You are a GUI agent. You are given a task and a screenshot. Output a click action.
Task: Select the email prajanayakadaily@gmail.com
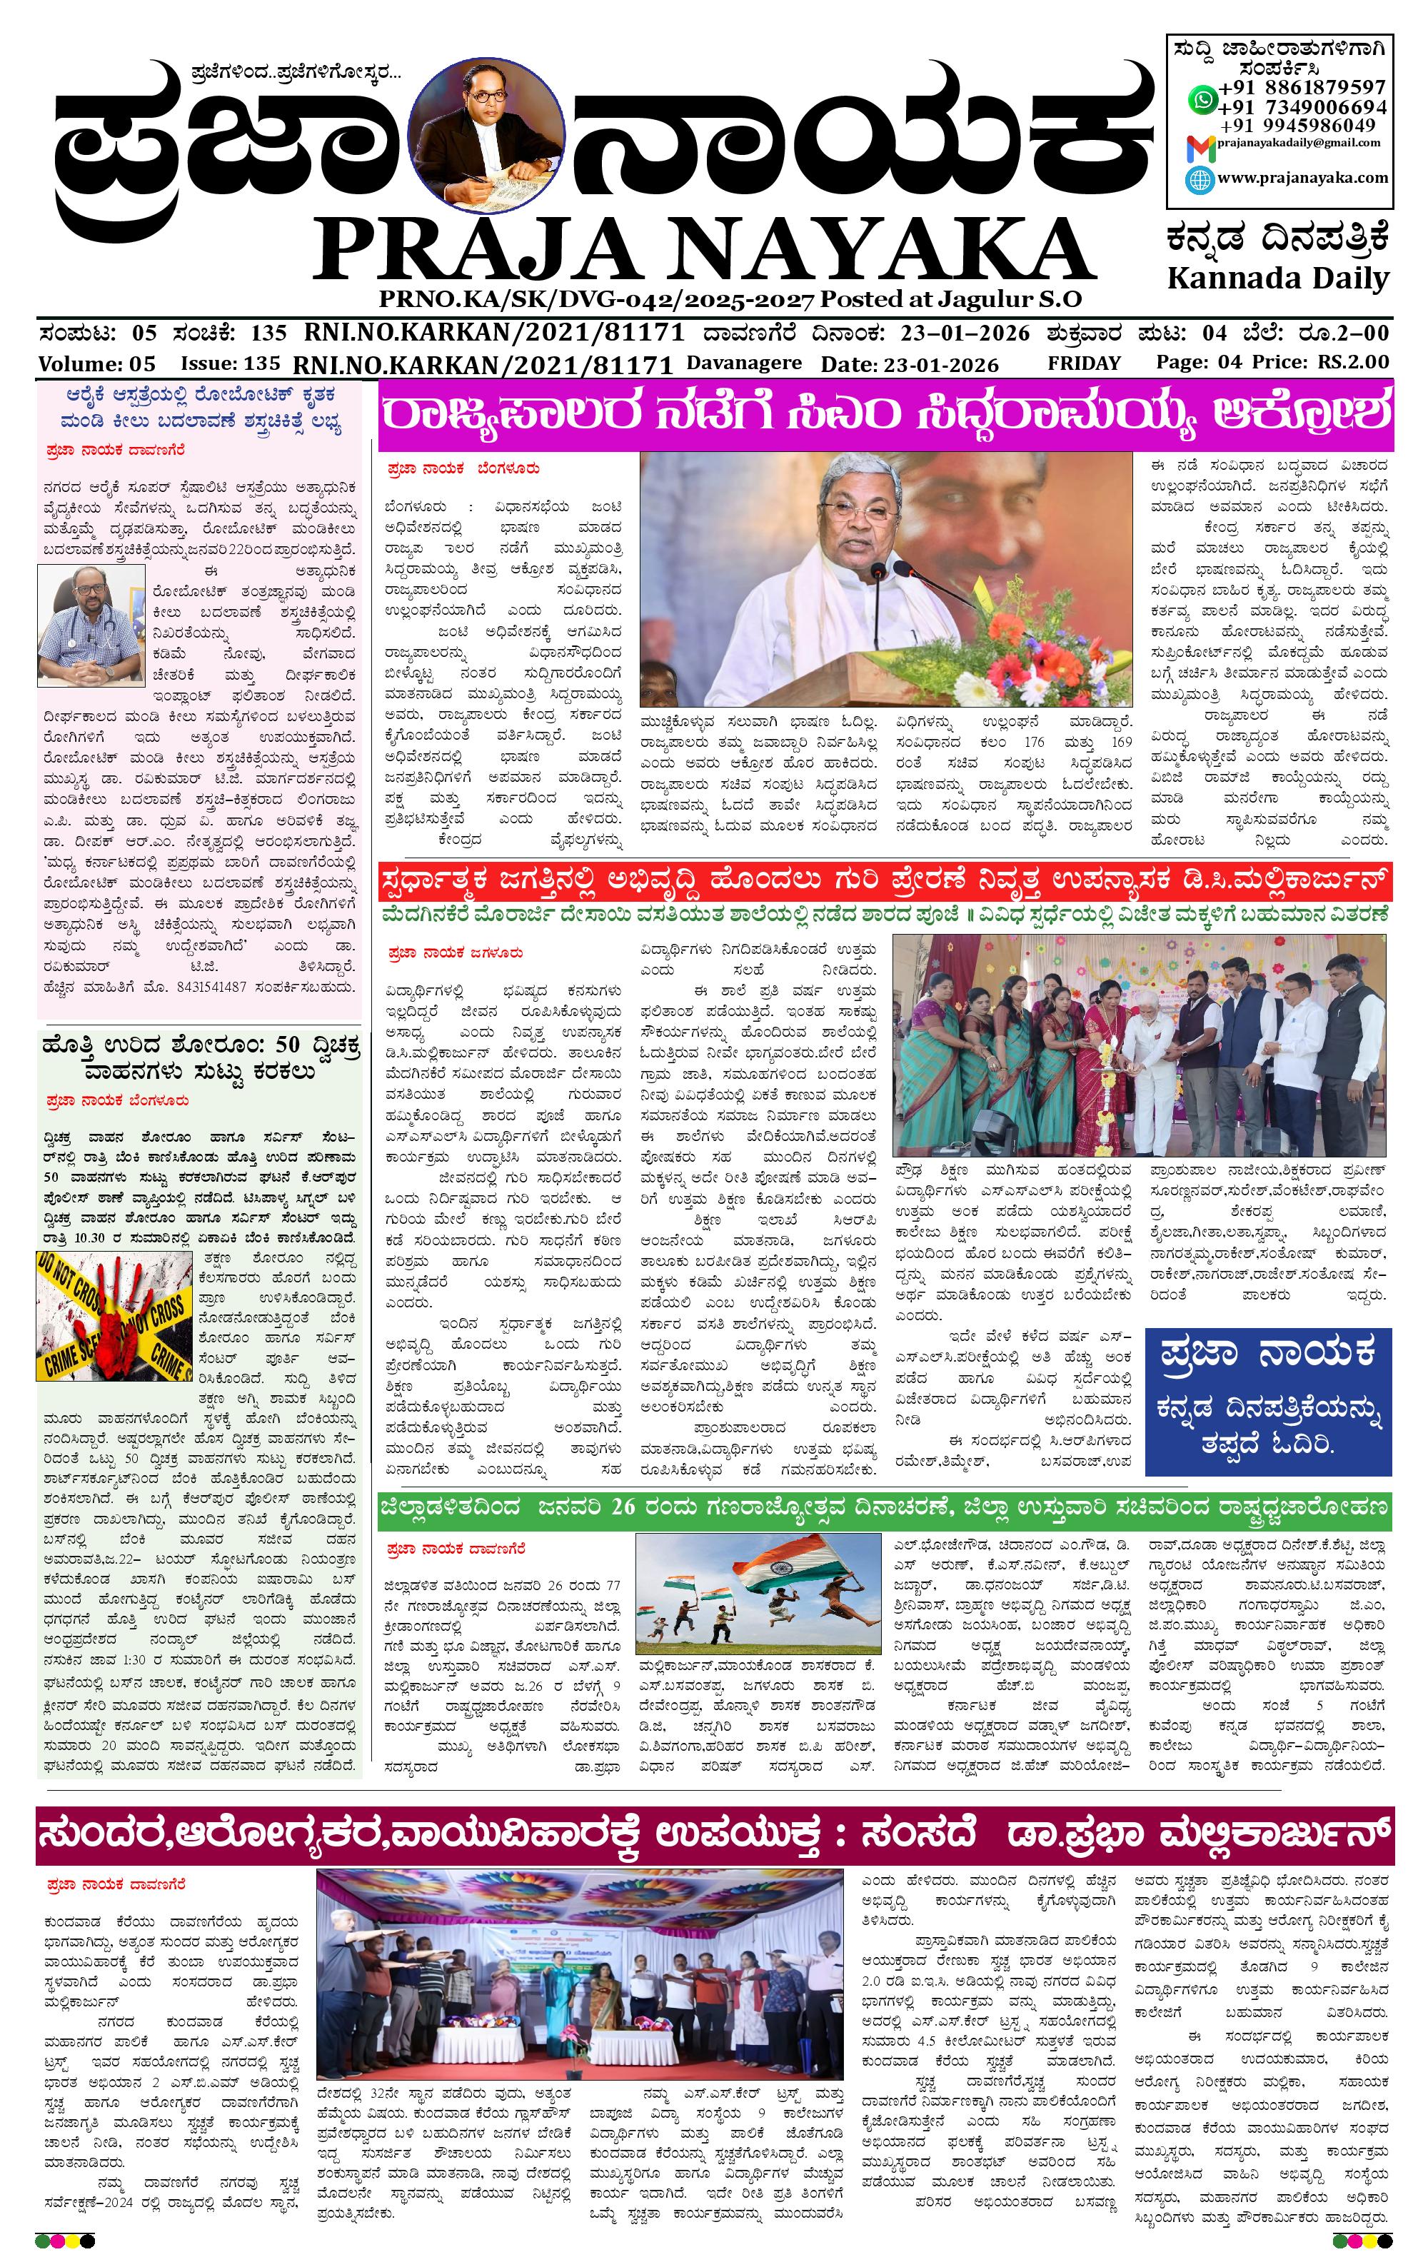(1299, 143)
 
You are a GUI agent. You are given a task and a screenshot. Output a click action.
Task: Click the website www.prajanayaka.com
(1302, 178)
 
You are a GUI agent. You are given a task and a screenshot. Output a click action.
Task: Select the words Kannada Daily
(1277, 278)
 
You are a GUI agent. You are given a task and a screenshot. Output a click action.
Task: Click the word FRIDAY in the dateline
(1083, 363)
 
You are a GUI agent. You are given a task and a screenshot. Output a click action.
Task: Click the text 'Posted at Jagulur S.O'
(951, 299)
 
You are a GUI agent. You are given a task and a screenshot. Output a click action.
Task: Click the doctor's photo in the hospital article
(91, 625)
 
